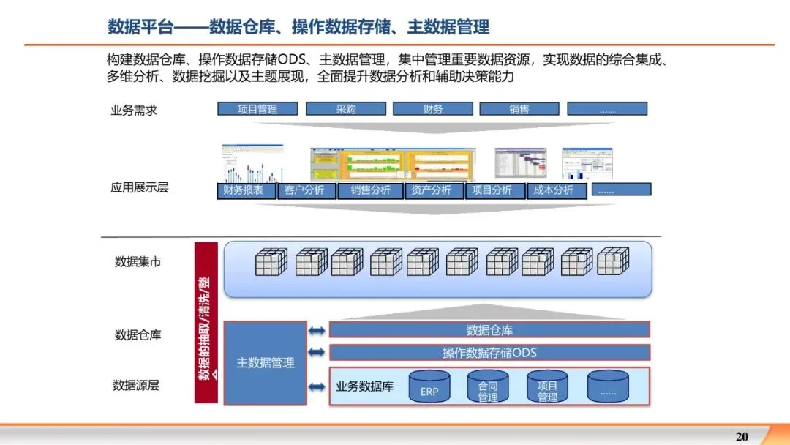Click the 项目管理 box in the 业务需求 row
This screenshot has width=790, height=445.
(257, 109)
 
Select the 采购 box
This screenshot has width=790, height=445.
(345, 109)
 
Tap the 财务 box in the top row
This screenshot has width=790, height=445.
(432, 109)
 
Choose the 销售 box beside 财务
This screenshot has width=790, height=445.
(519, 109)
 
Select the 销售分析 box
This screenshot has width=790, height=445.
(370, 190)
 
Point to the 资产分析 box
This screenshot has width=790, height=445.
(431, 190)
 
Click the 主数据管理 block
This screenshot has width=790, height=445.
(265, 363)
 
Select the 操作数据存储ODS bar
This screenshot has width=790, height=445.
(489, 353)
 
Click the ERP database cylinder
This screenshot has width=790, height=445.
(429, 387)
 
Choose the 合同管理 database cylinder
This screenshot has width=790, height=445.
(488, 387)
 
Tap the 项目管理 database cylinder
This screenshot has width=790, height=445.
(547, 387)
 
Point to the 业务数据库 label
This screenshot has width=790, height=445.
(364, 386)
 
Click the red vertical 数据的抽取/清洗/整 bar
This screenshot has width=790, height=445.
(206, 322)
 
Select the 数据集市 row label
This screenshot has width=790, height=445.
(138, 261)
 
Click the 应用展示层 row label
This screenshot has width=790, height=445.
(139, 187)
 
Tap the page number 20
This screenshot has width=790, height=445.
(742, 437)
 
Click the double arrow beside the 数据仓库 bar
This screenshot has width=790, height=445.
(316, 331)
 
